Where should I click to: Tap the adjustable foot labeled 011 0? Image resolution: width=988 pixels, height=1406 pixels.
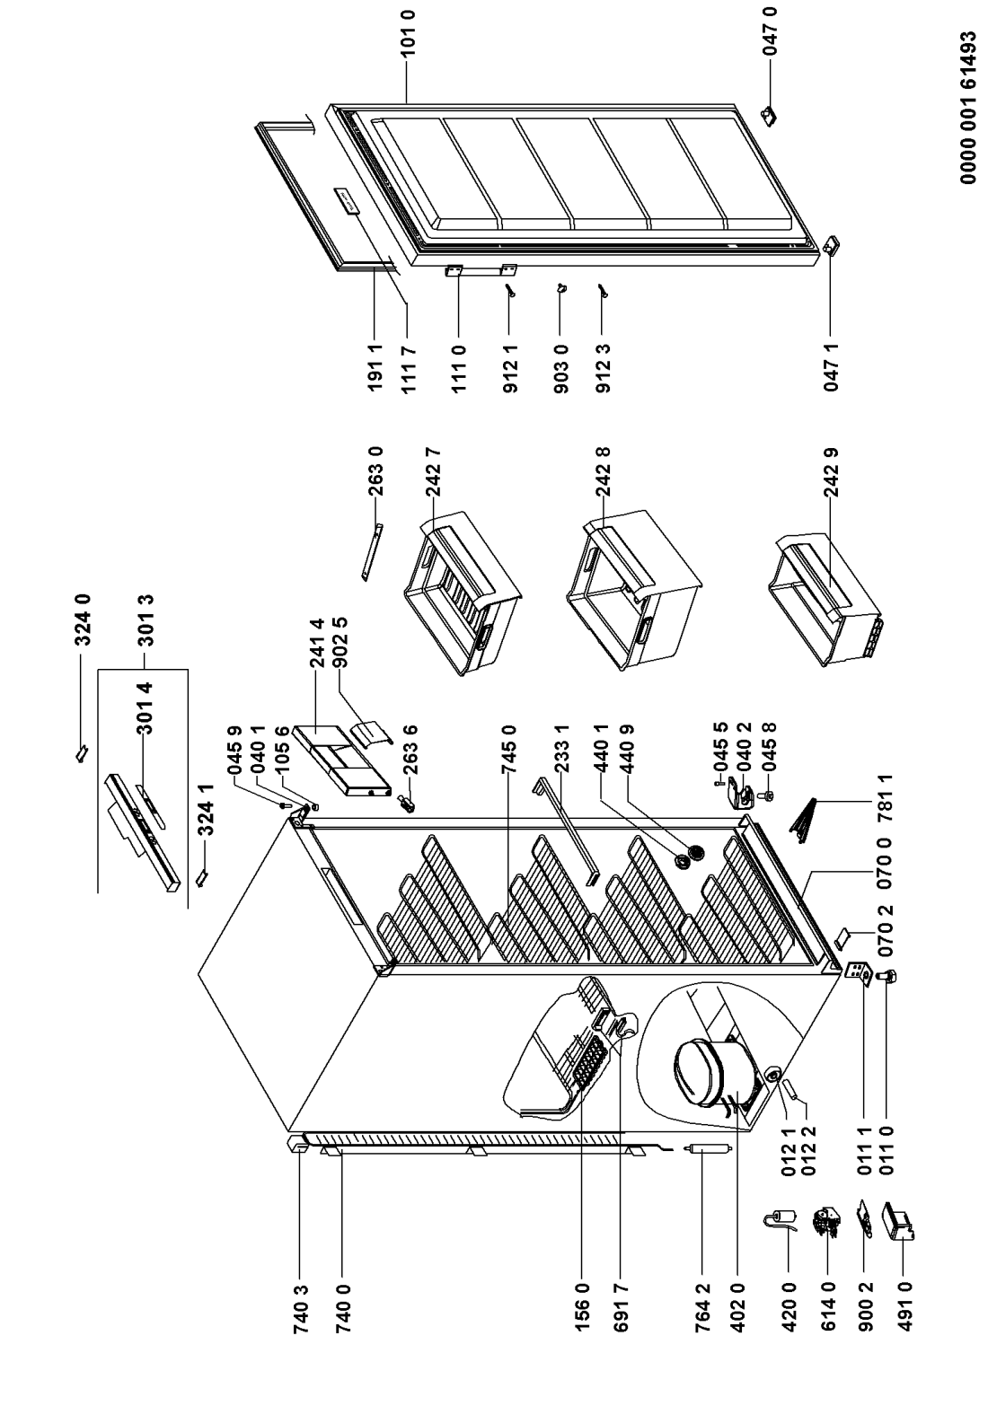click(891, 977)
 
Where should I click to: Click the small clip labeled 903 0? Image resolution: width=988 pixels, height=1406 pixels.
click(561, 287)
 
